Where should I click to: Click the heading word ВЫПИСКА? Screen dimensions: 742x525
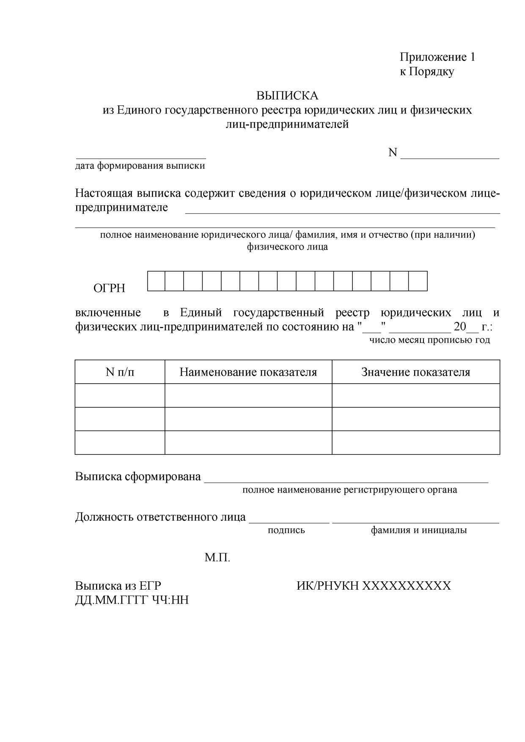(287, 95)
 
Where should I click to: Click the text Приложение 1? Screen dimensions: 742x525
(437, 57)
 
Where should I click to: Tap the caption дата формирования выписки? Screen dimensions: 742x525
(140, 165)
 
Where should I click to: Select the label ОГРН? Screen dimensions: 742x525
(109, 289)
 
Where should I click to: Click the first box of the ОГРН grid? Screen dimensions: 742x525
(156, 281)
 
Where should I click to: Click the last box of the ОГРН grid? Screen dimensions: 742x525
(418, 281)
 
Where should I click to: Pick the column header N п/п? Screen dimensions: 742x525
(120, 372)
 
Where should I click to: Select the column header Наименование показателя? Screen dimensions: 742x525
(248, 372)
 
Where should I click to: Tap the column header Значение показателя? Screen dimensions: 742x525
(415, 372)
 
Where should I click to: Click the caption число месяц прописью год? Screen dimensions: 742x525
(429, 340)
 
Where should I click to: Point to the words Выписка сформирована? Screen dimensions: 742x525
(138, 476)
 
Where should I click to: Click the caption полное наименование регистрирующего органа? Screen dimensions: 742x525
(349, 490)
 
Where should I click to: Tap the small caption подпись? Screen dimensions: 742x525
(286, 530)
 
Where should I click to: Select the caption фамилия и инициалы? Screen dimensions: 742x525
(419, 530)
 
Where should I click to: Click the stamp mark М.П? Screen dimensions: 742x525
(217, 558)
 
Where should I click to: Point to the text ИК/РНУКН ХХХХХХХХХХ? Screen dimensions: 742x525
(374, 585)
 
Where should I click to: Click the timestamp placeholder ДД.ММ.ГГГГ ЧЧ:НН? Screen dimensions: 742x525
(132, 599)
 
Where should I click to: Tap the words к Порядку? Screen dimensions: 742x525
(427, 71)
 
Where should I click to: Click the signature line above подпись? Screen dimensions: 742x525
(289, 522)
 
